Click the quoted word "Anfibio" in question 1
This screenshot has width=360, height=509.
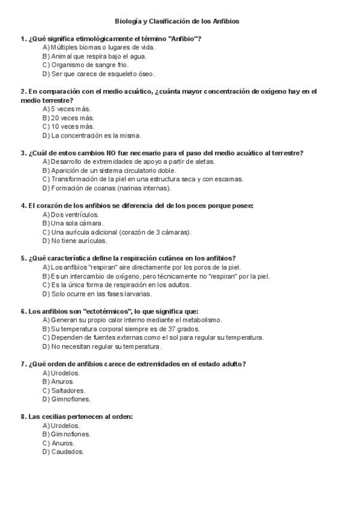(184, 39)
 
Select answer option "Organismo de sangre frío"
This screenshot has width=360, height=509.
(89, 65)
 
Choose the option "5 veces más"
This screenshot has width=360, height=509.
(70, 109)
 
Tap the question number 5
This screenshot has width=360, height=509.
(23, 259)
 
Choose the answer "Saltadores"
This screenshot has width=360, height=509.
(68, 391)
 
